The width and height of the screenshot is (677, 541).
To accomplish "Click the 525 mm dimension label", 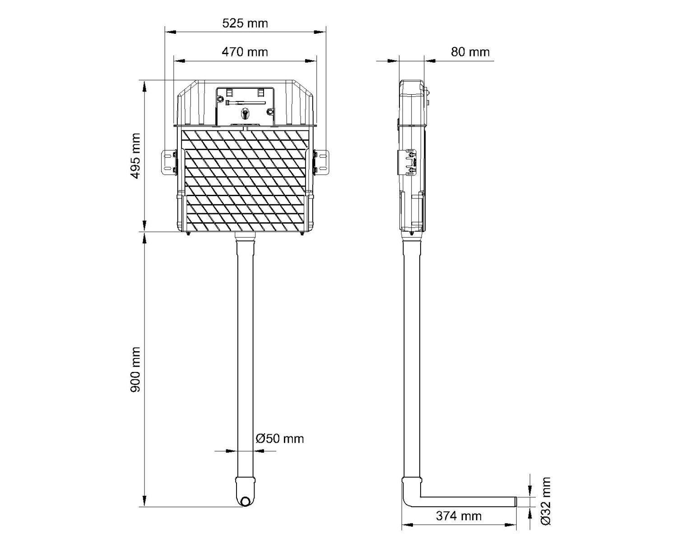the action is click(x=245, y=23).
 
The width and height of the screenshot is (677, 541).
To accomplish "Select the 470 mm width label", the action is click(x=245, y=52).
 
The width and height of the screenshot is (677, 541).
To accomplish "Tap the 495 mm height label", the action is click(x=135, y=156).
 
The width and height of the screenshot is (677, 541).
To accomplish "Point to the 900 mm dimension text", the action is click(x=135, y=369).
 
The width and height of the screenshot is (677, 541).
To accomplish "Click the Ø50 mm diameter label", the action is click(x=280, y=439).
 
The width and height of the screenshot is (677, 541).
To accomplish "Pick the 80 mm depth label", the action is click(x=470, y=52).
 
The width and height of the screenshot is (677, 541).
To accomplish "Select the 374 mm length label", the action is click(x=459, y=516).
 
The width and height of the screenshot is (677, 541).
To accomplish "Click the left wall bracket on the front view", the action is click(x=169, y=162).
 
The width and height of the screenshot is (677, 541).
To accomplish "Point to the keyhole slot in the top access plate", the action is click(x=245, y=113).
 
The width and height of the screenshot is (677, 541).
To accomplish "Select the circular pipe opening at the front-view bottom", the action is click(x=245, y=501).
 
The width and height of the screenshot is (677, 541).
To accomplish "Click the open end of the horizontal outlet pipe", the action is click(x=515, y=502).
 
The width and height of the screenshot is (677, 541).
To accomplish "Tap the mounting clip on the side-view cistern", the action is click(x=408, y=163).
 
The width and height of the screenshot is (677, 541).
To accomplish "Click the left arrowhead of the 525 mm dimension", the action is click(x=170, y=32).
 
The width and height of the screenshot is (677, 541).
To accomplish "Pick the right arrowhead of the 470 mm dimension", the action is click(x=311, y=61).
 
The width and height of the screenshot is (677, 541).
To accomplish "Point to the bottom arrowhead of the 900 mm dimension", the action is click(x=144, y=501).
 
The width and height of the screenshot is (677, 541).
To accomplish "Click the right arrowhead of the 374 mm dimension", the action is click(x=511, y=525).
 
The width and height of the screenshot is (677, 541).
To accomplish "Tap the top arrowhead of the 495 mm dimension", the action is click(x=144, y=86).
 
